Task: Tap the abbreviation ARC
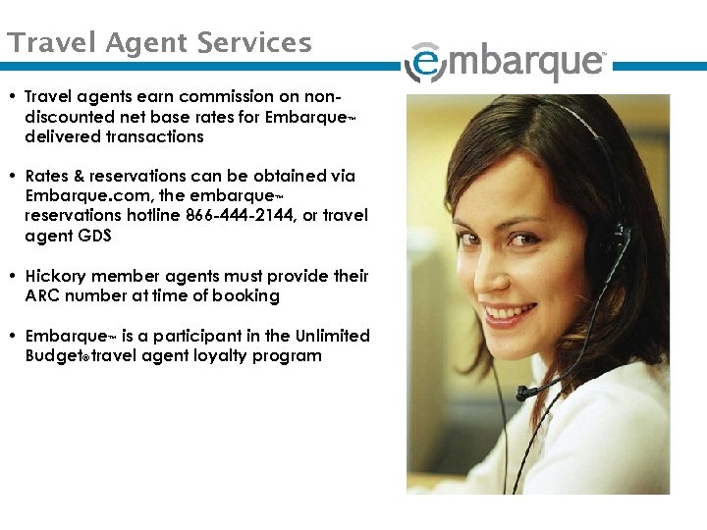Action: point(45,295)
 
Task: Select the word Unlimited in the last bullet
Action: point(330,336)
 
